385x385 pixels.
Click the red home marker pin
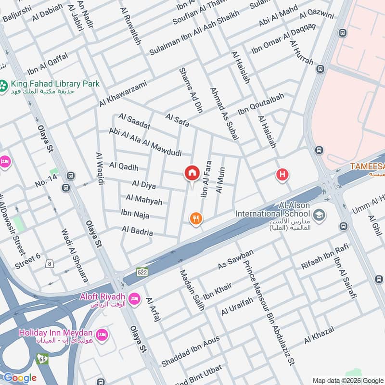pos(192,173)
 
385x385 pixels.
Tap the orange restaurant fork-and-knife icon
pos(195,219)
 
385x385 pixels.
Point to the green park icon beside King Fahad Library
pos(4,87)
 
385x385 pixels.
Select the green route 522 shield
pos(141,272)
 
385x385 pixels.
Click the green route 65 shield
pos(42,359)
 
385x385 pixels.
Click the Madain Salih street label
pos(192,290)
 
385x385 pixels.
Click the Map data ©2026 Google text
pos(348,380)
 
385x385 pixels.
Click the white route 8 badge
pos(50,263)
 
